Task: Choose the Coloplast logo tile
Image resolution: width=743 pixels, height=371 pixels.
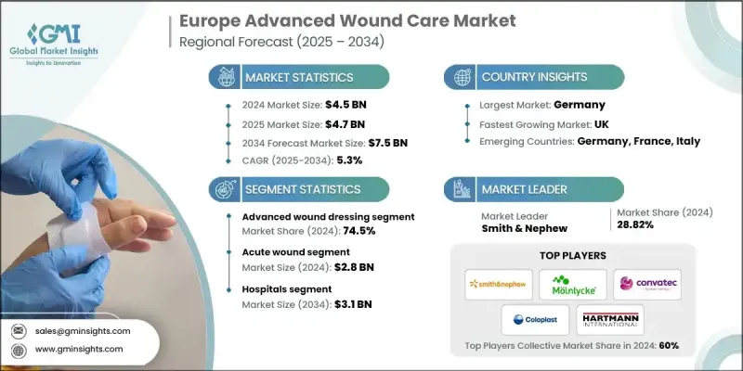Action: coord(535,320)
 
